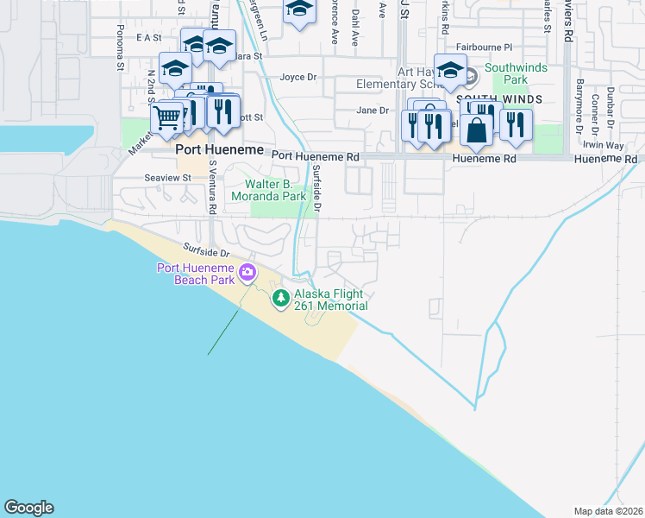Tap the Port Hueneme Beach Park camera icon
coord(248,273)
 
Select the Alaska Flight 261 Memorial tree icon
coord(280,299)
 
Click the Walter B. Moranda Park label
coord(270,190)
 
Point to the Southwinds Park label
coord(505,73)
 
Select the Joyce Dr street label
coord(298,77)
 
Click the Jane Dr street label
coord(373,111)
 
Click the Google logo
coord(28,508)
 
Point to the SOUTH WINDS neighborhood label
coord(500,100)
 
